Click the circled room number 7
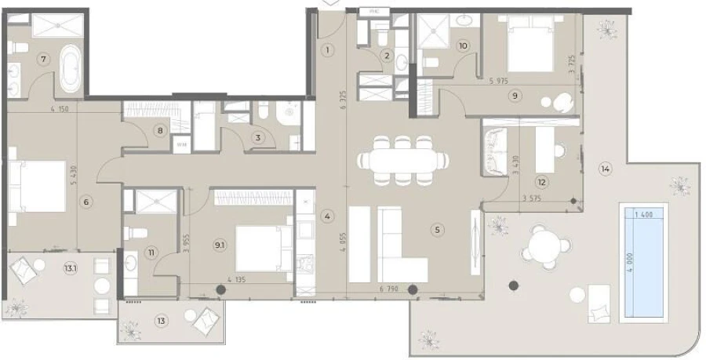44,59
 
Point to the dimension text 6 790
388,289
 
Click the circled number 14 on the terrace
605,167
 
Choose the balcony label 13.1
71,268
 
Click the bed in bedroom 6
38,187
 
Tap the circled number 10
463,46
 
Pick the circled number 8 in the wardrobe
160,131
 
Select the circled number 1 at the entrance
329,49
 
